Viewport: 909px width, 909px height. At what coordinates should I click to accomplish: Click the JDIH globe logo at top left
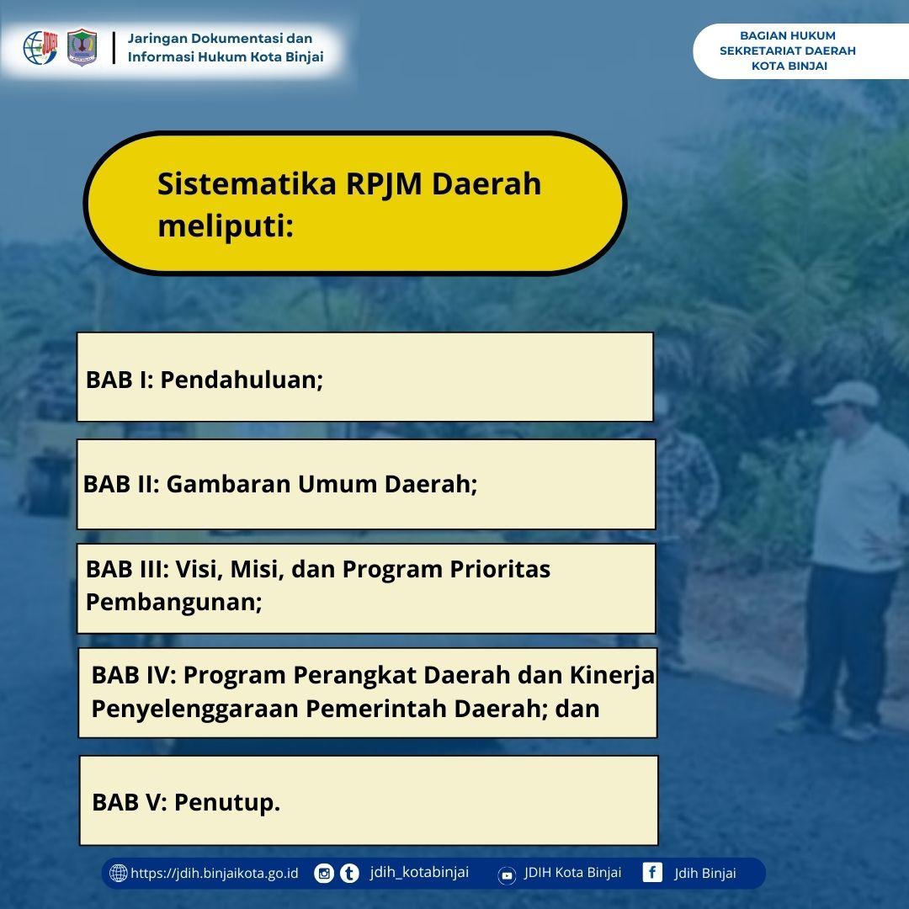(x=40, y=47)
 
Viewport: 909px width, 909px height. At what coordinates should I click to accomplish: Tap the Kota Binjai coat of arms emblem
(x=82, y=47)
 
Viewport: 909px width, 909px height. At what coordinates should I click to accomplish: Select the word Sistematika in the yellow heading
(x=247, y=183)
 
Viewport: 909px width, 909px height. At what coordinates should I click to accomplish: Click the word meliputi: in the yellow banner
(x=226, y=226)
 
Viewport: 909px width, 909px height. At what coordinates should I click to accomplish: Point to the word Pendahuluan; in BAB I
(x=242, y=380)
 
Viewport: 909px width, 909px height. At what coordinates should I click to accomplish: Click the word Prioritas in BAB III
(x=500, y=569)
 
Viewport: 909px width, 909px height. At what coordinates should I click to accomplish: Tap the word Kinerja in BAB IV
(x=612, y=675)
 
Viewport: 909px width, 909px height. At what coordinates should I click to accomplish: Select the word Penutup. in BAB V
(x=227, y=802)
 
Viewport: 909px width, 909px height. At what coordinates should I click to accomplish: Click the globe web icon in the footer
(x=119, y=873)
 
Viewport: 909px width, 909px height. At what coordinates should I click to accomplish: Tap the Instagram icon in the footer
(x=324, y=874)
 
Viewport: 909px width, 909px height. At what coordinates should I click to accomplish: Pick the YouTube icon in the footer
(x=507, y=875)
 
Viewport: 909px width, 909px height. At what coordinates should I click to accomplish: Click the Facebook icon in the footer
(x=652, y=873)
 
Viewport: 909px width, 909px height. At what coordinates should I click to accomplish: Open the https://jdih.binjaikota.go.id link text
(x=215, y=874)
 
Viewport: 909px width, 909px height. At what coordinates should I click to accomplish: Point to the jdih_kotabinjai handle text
(x=419, y=873)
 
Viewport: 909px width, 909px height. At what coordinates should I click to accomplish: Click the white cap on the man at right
(x=847, y=394)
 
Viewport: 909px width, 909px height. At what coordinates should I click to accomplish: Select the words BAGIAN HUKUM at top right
(x=787, y=35)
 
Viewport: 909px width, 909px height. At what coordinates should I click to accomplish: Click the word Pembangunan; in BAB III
(x=174, y=603)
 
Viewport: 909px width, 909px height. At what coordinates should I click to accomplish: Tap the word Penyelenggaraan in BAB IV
(x=194, y=709)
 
